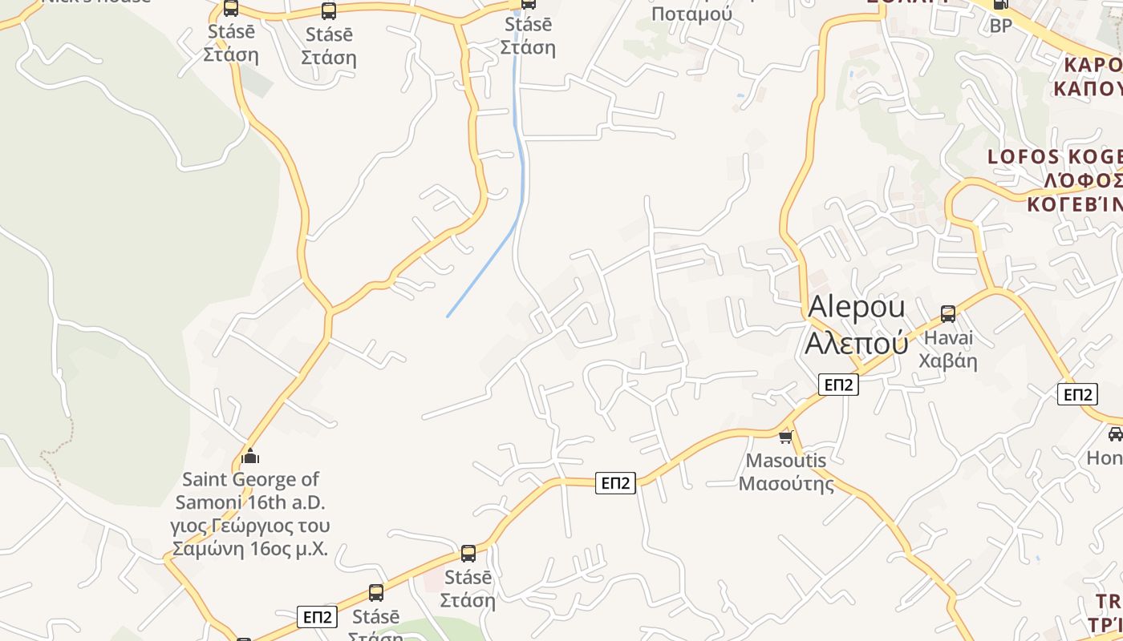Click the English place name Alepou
(x=856, y=307)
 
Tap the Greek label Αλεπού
(x=856, y=343)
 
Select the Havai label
(x=948, y=337)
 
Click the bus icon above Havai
(x=948, y=313)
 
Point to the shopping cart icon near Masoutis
(x=786, y=437)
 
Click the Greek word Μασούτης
(x=786, y=484)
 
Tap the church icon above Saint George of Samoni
(x=250, y=457)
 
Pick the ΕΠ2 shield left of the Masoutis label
(x=615, y=483)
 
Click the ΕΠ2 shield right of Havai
(x=1077, y=394)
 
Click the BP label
(x=1000, y=26)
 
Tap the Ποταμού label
(x=691, y=14)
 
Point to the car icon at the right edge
(x=1115, y=434)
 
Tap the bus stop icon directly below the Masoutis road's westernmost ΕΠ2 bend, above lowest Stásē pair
(x=468, y=553)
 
